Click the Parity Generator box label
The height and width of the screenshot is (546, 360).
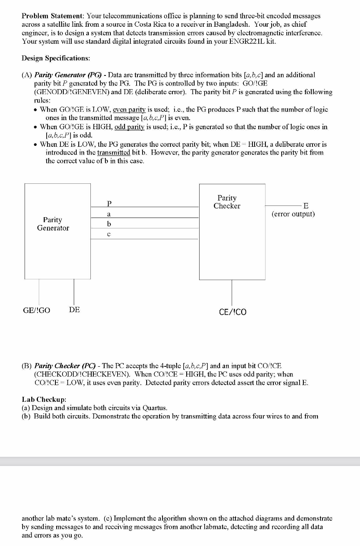53,224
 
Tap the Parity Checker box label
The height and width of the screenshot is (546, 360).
227,202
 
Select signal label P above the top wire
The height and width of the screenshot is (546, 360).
109,203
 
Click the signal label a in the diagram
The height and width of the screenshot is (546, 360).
109,214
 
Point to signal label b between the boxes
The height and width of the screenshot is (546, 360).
109,224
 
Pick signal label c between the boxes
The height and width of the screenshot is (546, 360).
109,234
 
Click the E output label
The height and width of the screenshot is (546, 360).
306,205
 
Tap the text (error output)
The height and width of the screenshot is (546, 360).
293,214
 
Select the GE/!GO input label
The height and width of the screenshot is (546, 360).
37,310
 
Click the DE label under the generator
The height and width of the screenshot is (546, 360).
75,310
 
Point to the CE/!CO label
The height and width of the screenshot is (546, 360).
232,312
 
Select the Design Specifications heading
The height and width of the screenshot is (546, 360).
56,58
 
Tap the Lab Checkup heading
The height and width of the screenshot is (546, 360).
41,399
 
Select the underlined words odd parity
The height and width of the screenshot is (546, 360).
124,127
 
